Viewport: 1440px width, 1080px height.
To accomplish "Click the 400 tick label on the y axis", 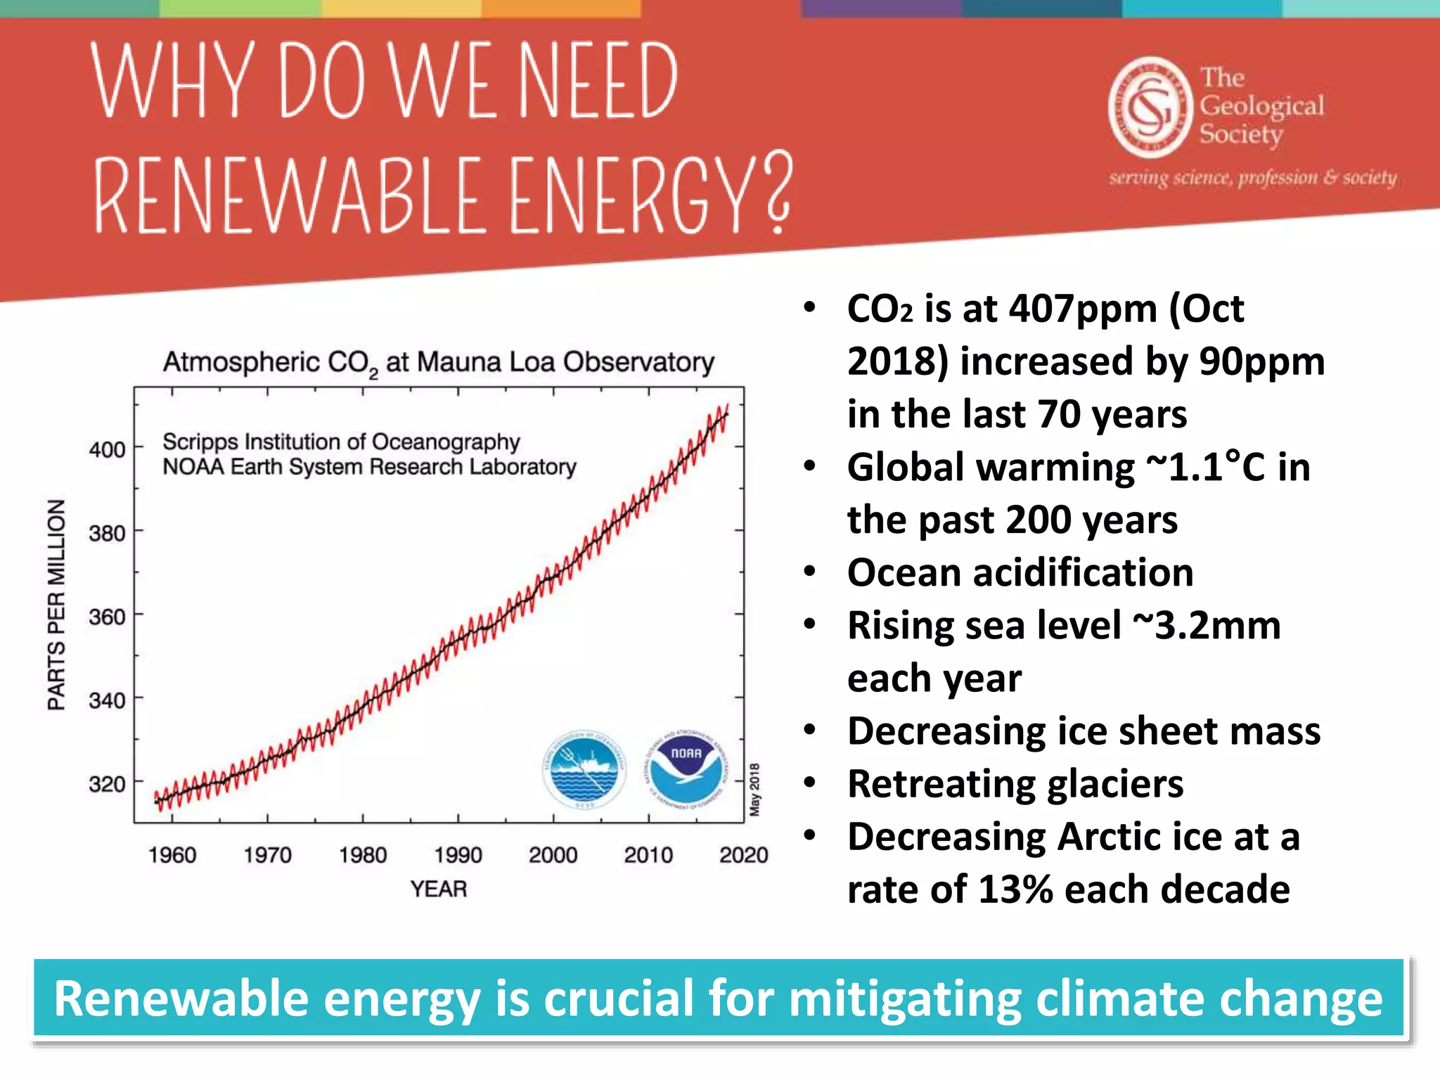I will [107, 450].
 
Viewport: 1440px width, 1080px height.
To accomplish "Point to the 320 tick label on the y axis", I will [107, 784].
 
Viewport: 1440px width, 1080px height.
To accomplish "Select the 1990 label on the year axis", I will [458, 855].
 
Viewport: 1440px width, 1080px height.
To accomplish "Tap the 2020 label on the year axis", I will [743, 855].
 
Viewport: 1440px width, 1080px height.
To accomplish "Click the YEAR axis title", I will [439, 889].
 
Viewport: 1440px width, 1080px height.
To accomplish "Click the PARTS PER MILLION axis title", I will [56, 605].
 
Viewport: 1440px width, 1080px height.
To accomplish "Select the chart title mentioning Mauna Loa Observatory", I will [439, 363].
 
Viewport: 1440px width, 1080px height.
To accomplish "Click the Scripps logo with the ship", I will [584, 769].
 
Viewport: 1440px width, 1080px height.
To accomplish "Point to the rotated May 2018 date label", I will [754, 789].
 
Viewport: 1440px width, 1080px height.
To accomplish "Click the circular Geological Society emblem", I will [1150, 108].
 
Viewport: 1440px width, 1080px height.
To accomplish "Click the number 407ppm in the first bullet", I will [1083, 309].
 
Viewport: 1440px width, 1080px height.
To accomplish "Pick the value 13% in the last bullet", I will [1015, 889].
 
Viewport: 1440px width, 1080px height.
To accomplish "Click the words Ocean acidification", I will [1020, 572].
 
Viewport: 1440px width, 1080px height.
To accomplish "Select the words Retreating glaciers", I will [1015, 784].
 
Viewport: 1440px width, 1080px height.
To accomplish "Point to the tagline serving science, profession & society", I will [1253, 177].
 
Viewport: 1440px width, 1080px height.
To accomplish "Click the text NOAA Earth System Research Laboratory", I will [369, 467].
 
